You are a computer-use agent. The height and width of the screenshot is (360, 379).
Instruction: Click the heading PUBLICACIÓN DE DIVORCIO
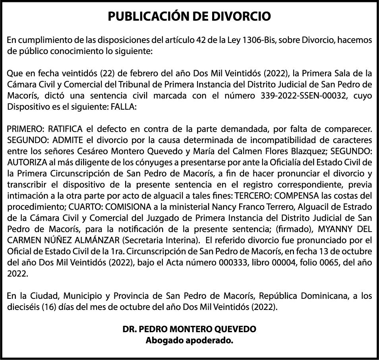[x=189, y=16]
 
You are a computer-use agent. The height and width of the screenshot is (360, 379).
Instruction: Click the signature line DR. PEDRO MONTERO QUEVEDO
[x=189, y=329]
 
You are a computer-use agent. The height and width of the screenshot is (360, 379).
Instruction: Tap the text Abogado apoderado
[x=189, y=341]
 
